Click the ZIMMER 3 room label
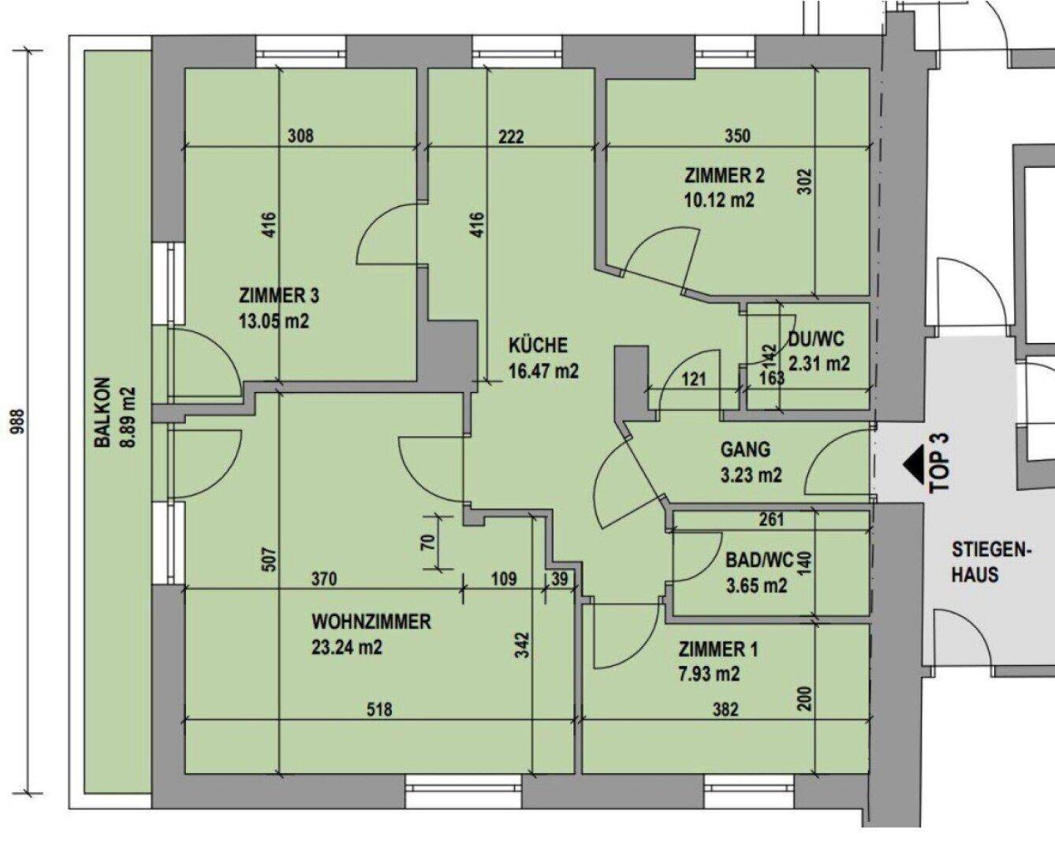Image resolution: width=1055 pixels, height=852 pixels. point(278,297)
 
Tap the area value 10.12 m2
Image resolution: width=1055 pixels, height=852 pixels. point(718,200)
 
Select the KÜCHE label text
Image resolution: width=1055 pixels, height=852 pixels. point(538,346)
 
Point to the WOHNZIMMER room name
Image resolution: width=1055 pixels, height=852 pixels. point(371,622)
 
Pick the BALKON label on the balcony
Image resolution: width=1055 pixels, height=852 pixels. point(103,417)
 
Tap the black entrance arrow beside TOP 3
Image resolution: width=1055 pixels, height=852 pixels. point(915,464)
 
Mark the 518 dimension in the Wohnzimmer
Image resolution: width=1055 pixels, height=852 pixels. point(379,710)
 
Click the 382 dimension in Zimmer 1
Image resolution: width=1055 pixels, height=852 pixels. point(725,710)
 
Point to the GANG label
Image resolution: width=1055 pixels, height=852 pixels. point(745,450)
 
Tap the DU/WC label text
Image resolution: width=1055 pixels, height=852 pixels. point(815,339)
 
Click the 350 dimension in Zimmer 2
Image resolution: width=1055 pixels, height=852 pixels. point(737,136)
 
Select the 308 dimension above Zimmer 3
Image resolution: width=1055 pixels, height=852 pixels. point(300,136)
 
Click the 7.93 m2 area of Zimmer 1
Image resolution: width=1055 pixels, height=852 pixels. point(709,674)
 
